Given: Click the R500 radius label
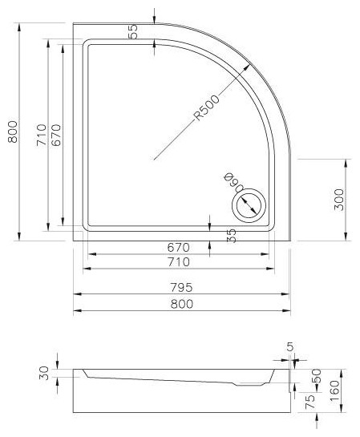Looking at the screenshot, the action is [207, 108].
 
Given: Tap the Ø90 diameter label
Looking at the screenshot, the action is [235, 182].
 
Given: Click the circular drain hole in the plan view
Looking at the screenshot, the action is [249, 205].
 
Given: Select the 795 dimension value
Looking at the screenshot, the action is [181, 287].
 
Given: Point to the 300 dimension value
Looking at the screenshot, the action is [339, 200].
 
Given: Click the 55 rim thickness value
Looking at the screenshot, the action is [133, 31].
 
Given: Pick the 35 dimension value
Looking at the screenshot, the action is [231, 236].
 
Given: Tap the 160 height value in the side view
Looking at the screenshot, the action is [334, 390].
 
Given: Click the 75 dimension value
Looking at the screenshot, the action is [310, 401].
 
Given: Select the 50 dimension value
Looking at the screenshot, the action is [317, 376].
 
